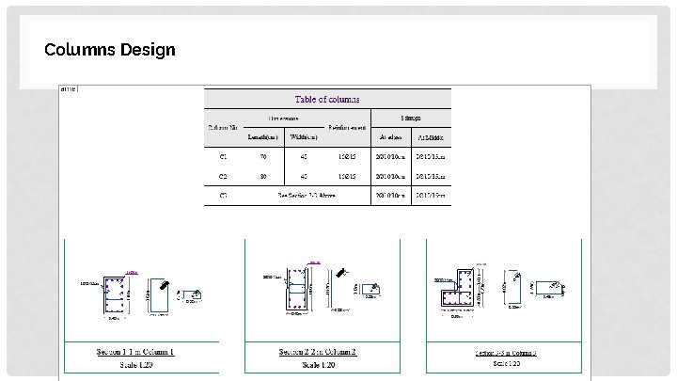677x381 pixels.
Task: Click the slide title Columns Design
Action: coord(109,49)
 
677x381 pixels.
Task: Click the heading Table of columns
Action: coord(327,99)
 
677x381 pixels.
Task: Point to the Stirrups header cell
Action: coord(411,119)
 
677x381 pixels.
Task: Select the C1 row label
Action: coord(223,156)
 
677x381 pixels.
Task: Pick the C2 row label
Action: coord(223,176)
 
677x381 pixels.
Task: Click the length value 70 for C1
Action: coord(264,156)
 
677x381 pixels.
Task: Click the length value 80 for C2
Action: coord(264,176)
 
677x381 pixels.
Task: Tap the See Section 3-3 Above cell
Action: coord(306,196)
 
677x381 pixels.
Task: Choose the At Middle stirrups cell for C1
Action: coord(430,156)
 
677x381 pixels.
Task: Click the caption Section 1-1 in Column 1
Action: coord(134,352)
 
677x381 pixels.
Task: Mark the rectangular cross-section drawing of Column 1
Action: coord(118,294)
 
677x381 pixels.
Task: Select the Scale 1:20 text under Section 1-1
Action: coord(134,363)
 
